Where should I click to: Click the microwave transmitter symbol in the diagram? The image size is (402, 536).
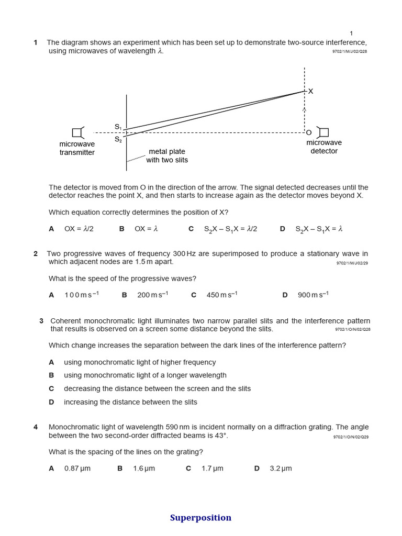(77, 132)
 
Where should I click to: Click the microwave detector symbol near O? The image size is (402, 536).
(323, 132)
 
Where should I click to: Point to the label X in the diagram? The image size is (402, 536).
(310, 91)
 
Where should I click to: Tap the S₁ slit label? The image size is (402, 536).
(118, 127)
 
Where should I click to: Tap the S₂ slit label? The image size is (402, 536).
(118, 139)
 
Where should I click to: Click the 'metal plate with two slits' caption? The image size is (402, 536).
(167, 156)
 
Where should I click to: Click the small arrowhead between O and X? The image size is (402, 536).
(304, 110)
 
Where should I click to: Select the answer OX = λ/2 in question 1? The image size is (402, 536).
(79, 229)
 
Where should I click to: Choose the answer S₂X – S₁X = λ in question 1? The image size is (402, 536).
(318, 229)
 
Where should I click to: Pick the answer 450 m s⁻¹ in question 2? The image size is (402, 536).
(221, 295)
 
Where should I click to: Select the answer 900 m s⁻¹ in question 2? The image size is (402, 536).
(313, 295)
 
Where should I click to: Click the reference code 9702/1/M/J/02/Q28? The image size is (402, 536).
(350, 51)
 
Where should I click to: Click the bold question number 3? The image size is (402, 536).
(41, 321)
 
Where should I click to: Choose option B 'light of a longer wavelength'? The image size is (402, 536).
(145, 375)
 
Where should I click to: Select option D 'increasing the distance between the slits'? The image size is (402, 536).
(130, 402)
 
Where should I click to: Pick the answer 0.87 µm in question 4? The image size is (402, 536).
(77, 468)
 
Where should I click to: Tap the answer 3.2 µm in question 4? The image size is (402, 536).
(281, 468)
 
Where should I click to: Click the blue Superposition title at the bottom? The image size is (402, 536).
(200, 518)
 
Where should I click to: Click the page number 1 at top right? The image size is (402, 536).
(351, 33)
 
